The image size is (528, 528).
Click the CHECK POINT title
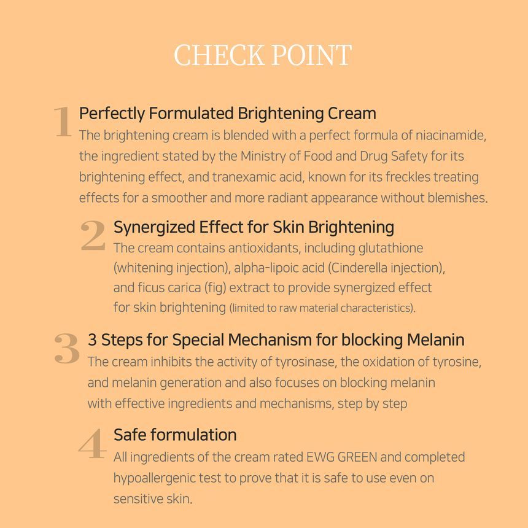tap(263, 55)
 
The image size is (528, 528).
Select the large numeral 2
tap(93, 236)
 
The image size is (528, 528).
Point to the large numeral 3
tap(67, 348)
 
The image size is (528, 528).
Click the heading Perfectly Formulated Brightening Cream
tap(227, 114)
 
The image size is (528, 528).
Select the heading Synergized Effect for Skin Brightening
tap(254, 227)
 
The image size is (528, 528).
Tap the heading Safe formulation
tap(175, 435)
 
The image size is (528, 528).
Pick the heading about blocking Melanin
tap(276, 340)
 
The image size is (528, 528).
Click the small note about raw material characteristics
tap(322, 308)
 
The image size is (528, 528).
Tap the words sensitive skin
tap(152, 499)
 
